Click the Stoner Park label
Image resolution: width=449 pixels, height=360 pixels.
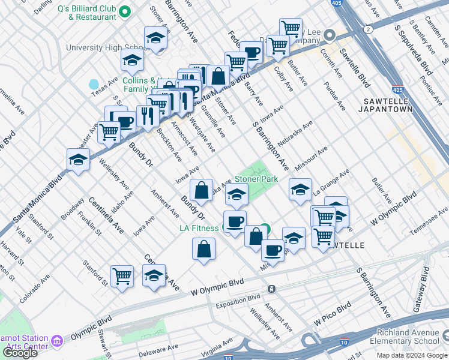[x=256, y=179]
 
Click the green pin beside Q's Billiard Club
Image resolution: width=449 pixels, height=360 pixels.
[x=125, y=11]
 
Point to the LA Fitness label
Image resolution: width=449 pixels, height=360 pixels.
[x=200, y=228]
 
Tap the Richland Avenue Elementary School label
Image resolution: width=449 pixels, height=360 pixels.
[x=408, y=337]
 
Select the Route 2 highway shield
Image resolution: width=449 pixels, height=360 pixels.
[x=367, y=29]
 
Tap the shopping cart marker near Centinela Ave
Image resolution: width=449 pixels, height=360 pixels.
[x=122, y=276]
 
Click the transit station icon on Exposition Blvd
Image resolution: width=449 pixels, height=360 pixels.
[x=272, y=289]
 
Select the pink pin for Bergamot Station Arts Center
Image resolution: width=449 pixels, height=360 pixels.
[x=57, y=341]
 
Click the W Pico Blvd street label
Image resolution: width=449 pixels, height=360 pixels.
[x=334, y=315]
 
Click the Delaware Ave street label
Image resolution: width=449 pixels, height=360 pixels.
[x=161, y=347]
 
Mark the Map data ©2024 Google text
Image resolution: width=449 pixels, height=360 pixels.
[x=412, y=355]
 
